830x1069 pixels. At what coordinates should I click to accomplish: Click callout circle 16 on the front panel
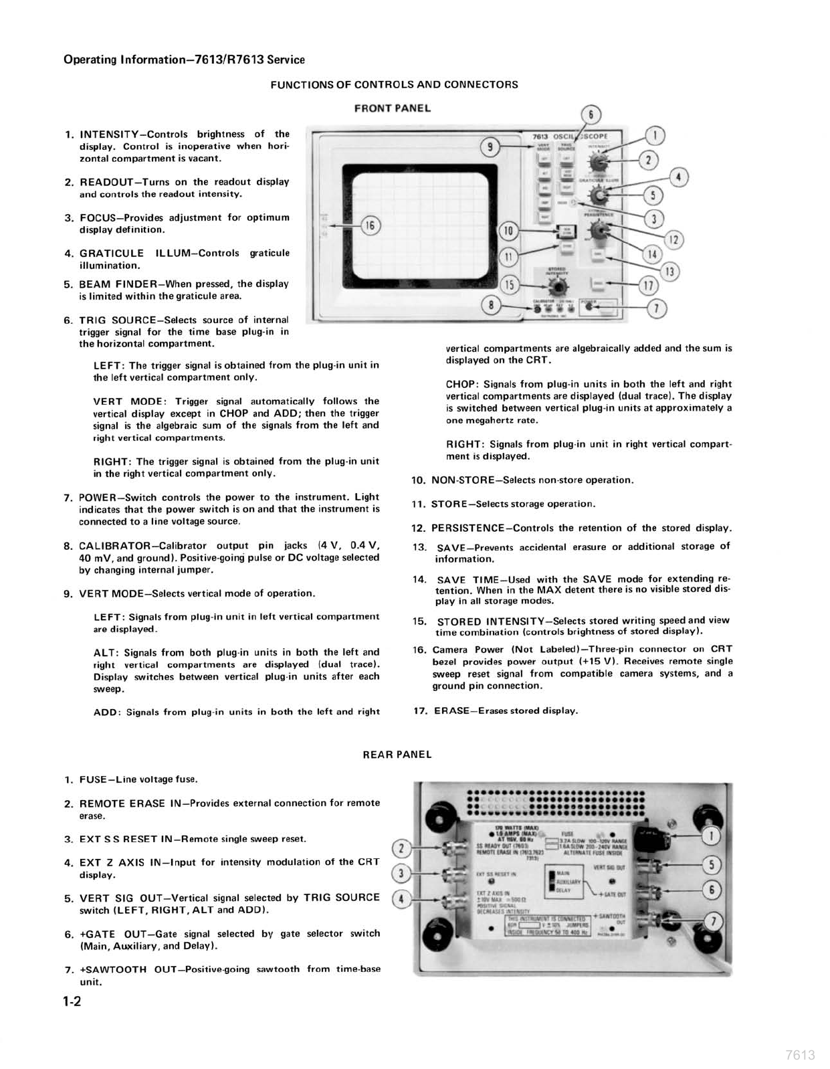369,225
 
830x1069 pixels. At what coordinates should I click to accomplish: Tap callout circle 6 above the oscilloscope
591,114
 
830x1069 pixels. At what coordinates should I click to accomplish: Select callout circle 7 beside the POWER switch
657,308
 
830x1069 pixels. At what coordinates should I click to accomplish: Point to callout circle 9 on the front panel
490,146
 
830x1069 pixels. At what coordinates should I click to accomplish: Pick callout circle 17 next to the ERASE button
647,286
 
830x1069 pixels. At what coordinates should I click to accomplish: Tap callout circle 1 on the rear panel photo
712,836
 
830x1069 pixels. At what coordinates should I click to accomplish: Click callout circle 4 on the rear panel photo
401,899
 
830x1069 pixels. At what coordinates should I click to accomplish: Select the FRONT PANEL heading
392,108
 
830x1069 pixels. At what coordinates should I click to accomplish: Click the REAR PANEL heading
397,755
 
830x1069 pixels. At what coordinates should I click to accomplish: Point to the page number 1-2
72,1002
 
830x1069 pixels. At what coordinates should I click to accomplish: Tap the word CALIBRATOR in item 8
110,546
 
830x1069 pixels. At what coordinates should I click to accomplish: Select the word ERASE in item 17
451,711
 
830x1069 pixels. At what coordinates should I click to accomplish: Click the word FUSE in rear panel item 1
91,779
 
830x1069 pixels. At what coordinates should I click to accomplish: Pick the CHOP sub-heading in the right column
460,385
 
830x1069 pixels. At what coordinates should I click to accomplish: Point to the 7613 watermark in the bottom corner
800,1055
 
